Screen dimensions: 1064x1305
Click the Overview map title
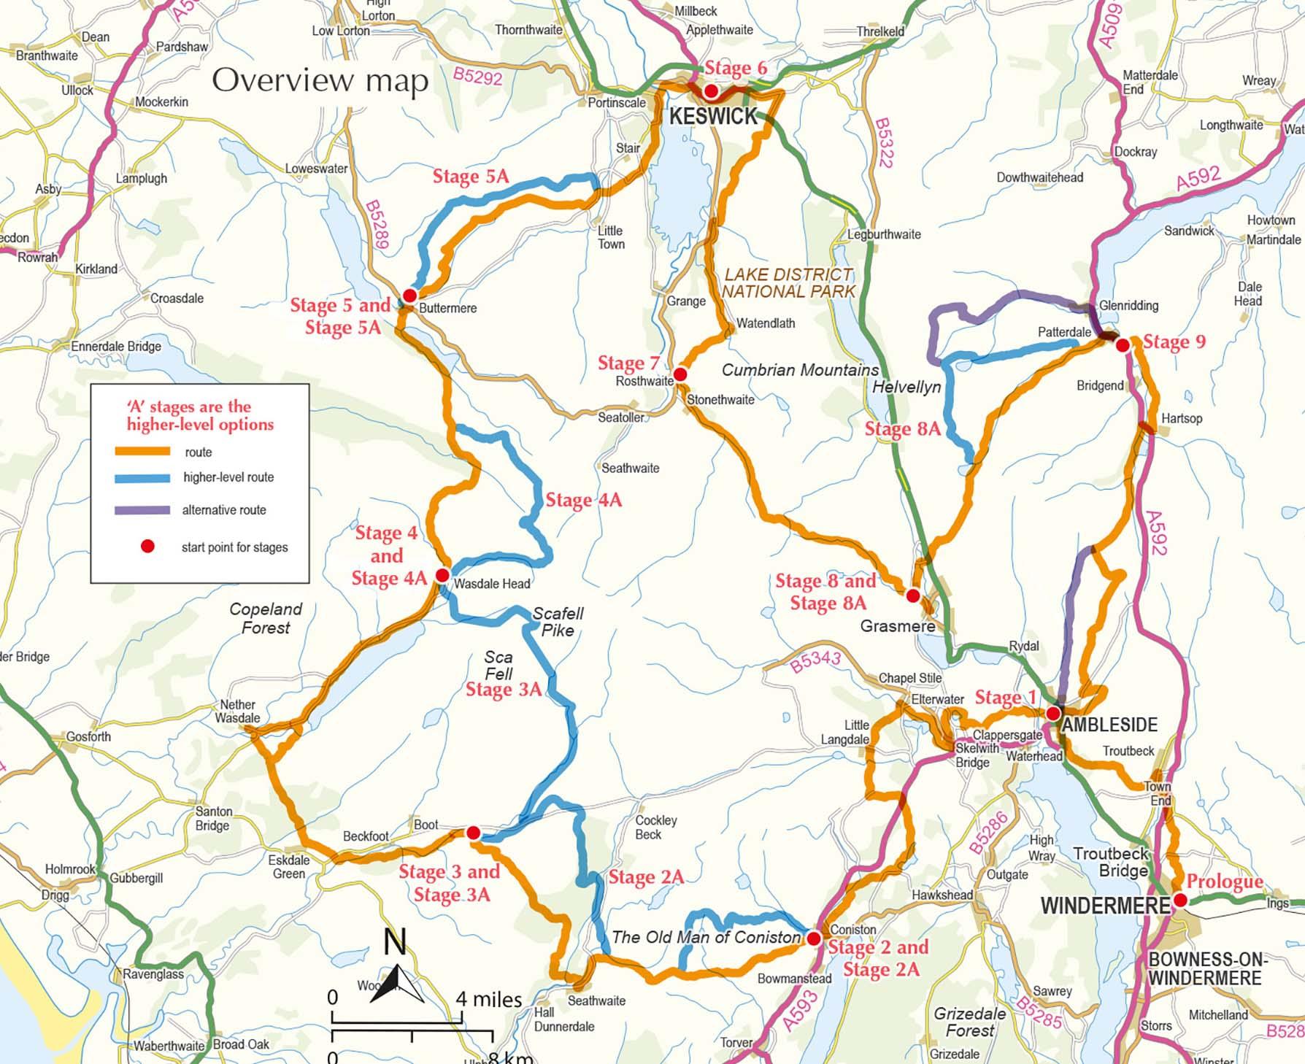click(x=320, y=80)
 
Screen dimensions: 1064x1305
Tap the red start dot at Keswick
click(x=711, y=92)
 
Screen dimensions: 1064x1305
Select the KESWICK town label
click(x=713, y=116)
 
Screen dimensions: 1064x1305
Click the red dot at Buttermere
click(x=410, y=296)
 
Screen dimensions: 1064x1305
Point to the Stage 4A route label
click(x=583, y=501)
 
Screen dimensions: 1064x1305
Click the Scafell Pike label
click(x=558, y=622)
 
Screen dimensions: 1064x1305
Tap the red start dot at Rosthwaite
click(x=680, y=374)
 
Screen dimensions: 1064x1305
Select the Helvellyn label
click(x=906, y=387)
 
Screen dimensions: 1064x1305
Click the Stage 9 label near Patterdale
click(x=1174, y=342)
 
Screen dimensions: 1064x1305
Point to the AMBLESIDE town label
click(x=1109, y=725)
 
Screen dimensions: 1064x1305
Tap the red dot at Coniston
click(x=814, y=938)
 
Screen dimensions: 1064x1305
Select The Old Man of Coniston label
click(x=706, y=937)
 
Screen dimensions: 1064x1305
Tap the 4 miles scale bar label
click(x=489, y=999)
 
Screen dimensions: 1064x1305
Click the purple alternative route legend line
click(x=142, y=510)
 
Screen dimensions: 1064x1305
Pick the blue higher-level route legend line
click(x=142, y=478)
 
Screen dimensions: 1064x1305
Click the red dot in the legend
click(x=147, y=547)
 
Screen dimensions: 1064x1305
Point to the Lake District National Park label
click(x=788, y=283)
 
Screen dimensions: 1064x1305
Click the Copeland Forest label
click(x=266, y=618)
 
